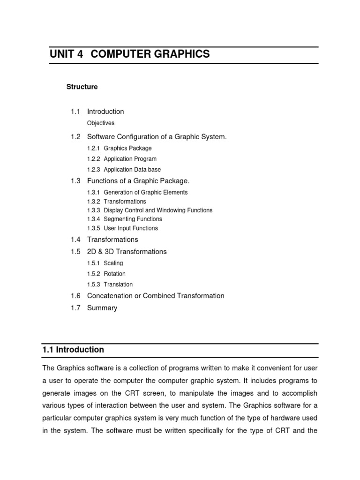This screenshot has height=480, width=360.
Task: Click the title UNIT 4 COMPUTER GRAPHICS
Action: (130, 54)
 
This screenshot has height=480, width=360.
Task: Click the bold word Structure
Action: (82, 87)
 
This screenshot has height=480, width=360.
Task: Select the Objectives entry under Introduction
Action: (101, 123)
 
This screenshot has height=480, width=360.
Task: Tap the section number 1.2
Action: (75, 137)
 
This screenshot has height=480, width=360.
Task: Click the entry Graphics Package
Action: (127, 149)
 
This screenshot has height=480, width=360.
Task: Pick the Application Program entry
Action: (130, 159)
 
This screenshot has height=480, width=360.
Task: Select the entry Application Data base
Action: (132, 170)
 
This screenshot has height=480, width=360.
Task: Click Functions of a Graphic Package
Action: (138, 181)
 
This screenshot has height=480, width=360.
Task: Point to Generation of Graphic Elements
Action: (145, 193)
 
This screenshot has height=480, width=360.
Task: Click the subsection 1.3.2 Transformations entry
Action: (125, 202)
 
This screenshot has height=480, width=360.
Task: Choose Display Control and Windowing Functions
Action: (158, 210)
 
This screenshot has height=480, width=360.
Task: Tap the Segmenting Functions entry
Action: (133, 219)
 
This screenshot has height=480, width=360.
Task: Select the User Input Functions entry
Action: (131, 228)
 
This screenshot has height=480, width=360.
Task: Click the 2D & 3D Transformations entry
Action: (127, 252)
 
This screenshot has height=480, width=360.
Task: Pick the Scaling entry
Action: (113, 263)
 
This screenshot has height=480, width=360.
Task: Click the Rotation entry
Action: (114, 274)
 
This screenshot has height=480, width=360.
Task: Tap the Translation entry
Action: (118, 285)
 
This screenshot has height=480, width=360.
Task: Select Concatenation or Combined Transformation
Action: (156, 296)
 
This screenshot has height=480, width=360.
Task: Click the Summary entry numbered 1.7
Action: (102, 308)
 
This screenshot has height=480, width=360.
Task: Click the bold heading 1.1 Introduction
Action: (73, 350)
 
